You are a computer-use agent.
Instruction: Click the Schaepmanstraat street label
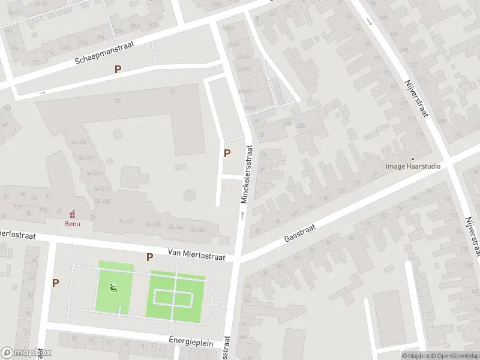[x=104, y=52]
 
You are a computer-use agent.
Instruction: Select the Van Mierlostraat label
[x=196, y=256]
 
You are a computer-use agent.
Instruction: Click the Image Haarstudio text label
[x=413, y=167]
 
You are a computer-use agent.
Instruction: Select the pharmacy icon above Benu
[x=73, y=213]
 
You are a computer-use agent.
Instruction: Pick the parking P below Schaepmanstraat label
[x=118, y=69]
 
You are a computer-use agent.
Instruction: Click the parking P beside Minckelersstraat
[x=227, y=153]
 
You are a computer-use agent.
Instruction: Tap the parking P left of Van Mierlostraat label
[x=149, y=257]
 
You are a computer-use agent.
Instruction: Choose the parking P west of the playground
[x=56, y=283]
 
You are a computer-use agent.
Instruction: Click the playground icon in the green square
[x=113, y=287]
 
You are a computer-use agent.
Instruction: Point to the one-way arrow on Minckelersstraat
[x=243, y=214]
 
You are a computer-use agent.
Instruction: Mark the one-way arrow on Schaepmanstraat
[x=43, y=92]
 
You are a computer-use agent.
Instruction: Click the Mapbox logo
[x=26, y=353]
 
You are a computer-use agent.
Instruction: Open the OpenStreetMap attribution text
[x=454, y=356]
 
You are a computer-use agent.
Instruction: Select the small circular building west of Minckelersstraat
[x=190, y=196]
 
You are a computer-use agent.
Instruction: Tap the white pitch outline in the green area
[x=173, y=298]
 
